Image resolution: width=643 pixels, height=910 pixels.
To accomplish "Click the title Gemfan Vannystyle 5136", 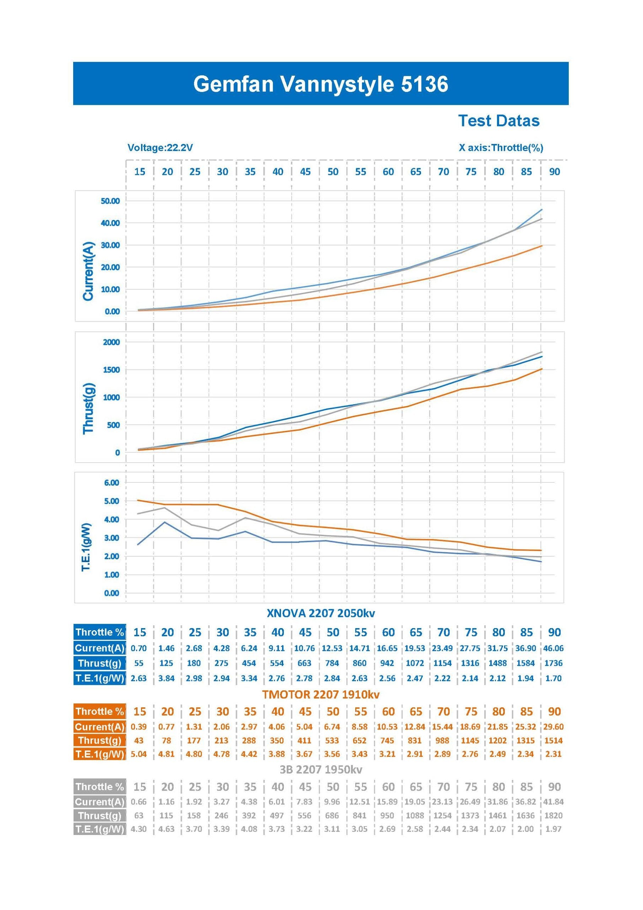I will click(320, 84).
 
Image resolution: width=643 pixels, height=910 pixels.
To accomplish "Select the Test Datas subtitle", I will click(498, 121).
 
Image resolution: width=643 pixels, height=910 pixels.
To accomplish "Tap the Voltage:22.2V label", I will click(160, 148).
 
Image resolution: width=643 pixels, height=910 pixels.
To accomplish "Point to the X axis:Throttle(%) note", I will click(501, 148).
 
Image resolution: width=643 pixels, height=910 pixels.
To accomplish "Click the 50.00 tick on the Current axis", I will click(110, 201).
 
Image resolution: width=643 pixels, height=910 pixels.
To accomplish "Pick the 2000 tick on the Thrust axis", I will click(111, 342).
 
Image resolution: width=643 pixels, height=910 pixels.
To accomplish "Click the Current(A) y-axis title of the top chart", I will click(88, 271).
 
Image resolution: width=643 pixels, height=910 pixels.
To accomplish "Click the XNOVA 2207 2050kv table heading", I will click(320, 613).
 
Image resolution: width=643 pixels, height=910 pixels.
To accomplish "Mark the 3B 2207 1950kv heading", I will click(320, 769).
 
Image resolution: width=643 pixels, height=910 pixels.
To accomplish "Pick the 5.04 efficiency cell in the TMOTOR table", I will click(139, 754).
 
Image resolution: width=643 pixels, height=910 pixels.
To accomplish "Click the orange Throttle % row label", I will click(99, 711).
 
